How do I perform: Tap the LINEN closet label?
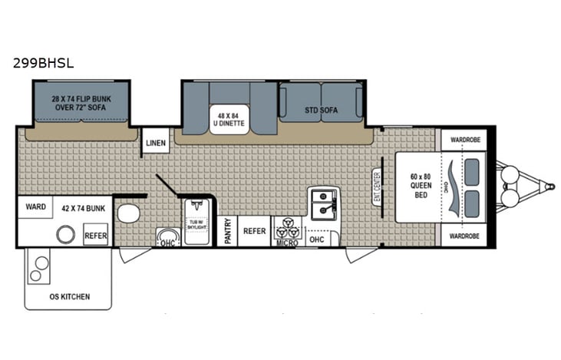tap(156, 143)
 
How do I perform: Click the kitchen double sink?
tap(325, 201)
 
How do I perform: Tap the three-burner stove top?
tap(289, 226)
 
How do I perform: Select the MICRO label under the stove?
tap(286, 243)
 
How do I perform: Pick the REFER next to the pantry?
tap(254, 231)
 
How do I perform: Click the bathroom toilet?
tap(130, 213)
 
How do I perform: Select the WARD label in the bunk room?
tap(35, 206)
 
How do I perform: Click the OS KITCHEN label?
tap(69, 296)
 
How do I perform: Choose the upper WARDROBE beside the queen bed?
tap(464, 140)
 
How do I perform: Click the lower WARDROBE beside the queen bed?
tap(464, 236)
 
